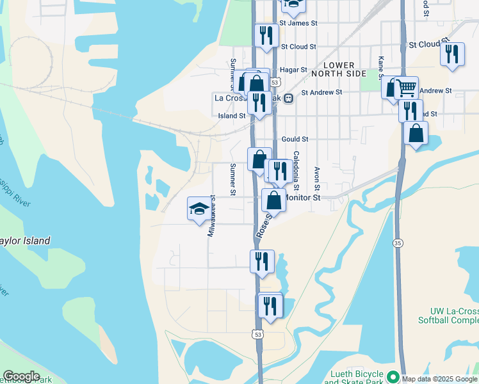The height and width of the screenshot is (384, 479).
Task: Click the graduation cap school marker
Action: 199,209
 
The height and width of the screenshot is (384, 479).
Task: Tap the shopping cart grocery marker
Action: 405,88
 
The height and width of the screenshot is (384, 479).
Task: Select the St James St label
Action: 300,23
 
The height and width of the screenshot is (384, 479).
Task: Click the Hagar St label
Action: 295,70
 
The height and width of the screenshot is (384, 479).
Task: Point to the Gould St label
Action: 295,139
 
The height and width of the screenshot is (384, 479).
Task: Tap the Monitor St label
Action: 302,198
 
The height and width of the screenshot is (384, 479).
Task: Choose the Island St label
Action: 232,116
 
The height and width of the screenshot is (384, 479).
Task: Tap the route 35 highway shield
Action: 398,243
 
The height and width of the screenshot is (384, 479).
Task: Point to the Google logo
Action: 20,376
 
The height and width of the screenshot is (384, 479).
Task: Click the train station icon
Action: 289,99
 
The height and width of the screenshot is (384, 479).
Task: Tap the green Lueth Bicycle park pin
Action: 393,376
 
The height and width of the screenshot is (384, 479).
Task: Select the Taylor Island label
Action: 24,241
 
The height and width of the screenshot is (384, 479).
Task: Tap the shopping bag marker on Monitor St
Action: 273,200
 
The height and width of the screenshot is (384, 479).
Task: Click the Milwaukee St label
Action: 211,218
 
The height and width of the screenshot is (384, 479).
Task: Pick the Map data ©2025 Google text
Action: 439,378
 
